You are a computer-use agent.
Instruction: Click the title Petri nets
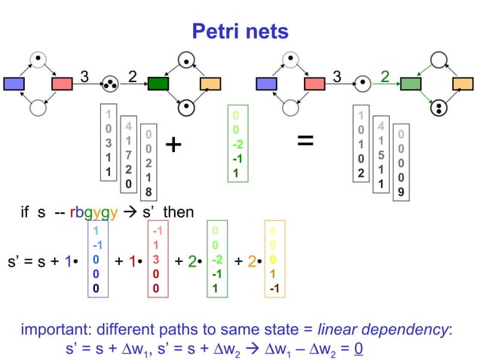pyautogui.click(x=240, y=31)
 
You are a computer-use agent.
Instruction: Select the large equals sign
pyautogui.click(x=305, y=141)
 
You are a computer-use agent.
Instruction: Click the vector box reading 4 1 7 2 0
pyautogui.click(x=129, y=154)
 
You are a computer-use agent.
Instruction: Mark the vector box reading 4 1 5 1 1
pyautogui.click(x=381, y=155)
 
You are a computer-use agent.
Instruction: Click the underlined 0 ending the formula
pyautogui.click(x=359, y=349)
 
